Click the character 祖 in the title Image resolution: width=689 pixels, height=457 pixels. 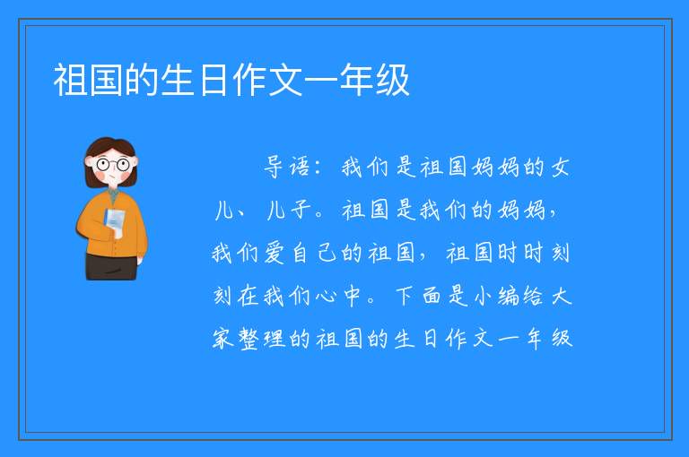71,80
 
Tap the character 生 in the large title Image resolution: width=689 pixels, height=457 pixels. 178,80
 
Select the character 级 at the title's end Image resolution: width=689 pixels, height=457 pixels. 392,80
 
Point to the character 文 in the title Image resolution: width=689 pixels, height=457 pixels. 284,80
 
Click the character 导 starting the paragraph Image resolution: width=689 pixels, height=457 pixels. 274,167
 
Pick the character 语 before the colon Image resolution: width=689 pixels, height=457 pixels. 300,167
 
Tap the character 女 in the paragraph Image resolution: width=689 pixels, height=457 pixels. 560,167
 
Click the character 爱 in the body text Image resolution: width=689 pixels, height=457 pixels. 275,253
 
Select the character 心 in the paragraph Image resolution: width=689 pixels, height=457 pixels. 326,296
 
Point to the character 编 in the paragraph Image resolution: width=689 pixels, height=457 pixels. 509,296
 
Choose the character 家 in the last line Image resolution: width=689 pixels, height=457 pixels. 222,339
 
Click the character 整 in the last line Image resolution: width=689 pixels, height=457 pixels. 249,339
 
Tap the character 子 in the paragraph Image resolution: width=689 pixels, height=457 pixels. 301,210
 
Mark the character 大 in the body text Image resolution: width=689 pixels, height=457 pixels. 561,296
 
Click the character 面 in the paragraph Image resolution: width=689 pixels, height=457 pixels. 432,296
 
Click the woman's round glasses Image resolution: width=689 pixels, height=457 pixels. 113,165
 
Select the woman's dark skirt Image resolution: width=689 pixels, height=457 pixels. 111,266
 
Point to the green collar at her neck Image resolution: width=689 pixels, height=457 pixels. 113,195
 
